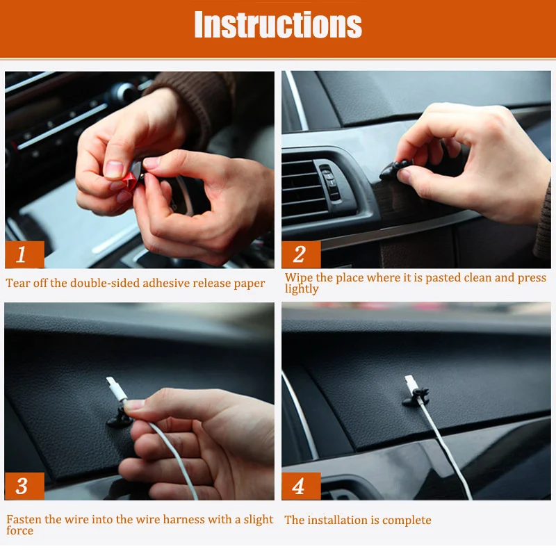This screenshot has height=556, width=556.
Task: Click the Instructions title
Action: [x=278, y=24]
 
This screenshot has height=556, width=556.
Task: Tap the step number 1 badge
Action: [x=24, y=254]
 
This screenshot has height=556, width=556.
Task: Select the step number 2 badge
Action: [x=301, y=254]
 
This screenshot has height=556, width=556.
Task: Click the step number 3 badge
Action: [x=24, y=486]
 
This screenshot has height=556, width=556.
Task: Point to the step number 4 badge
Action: [x=301, y=486]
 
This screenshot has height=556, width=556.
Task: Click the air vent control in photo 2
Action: [x=329, y=180]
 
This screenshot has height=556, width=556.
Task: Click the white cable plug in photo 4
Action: [x=411, y=386]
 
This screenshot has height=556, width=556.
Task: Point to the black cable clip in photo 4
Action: [x=416, y=398]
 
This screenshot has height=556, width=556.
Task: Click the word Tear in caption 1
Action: [x=18, y=283]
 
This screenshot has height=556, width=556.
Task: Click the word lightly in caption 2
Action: [x=302, y=289]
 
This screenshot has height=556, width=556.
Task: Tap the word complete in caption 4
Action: [x=407, y=520]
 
